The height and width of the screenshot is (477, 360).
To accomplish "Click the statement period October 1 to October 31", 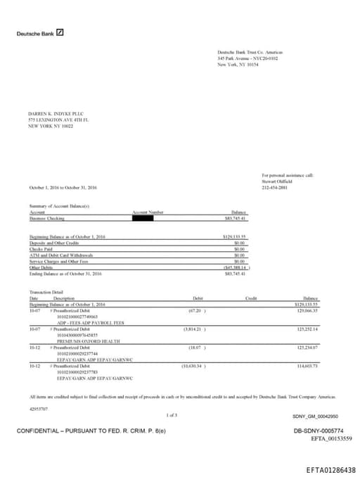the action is point(63,188).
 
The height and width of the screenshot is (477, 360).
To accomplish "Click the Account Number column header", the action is point(148,212).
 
